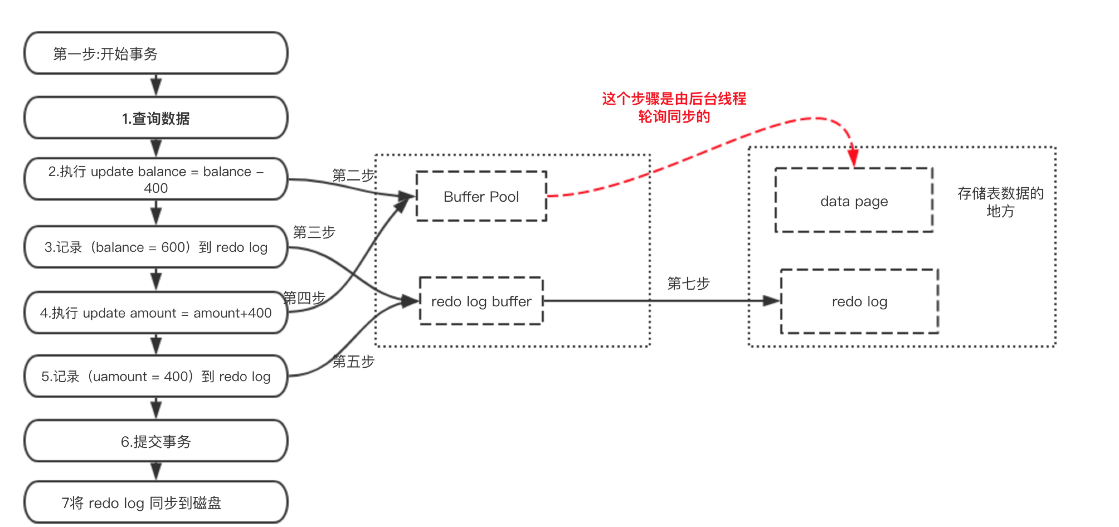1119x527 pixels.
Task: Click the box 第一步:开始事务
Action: point(155,53)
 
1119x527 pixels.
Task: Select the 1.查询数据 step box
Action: point(155,118)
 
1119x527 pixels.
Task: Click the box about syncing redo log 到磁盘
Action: point(155,503)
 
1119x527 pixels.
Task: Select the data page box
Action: point(853,201)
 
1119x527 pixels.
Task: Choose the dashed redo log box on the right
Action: point(859,301)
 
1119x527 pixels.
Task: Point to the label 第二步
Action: point(353,175)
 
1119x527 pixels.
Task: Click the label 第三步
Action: point(314,232)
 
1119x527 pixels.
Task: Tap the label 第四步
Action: point(304,298)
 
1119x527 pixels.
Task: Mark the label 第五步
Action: point(353,361)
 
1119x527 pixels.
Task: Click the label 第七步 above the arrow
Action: point(688,284)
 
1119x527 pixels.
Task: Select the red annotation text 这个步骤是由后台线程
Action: point(674,99)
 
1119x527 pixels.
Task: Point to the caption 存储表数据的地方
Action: point(1000,202)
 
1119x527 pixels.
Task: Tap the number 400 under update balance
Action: point(155,188)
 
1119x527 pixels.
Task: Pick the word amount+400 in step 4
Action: point(232,313)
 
